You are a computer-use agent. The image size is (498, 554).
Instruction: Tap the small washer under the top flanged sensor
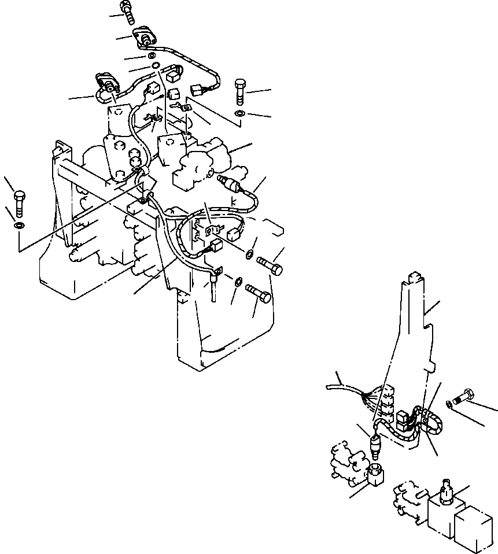pyautogui.click(x=150, y=56)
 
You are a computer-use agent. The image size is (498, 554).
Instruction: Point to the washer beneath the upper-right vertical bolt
pyautogui.click(x=241, y=112)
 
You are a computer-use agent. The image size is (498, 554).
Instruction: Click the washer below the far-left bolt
pyautogui.click(x=19, y=224)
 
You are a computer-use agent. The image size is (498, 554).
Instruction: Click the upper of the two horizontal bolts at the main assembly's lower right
pyautogui.click(x=270, y=265)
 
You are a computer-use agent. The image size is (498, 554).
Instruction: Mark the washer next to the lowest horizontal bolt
pyautogui.click(x=238, y=282)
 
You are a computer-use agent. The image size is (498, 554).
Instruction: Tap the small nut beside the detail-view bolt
pyautogui.click(x=450, y=402)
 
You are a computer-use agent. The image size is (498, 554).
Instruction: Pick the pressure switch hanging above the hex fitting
pyautogui.click(x=375, y=445)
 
